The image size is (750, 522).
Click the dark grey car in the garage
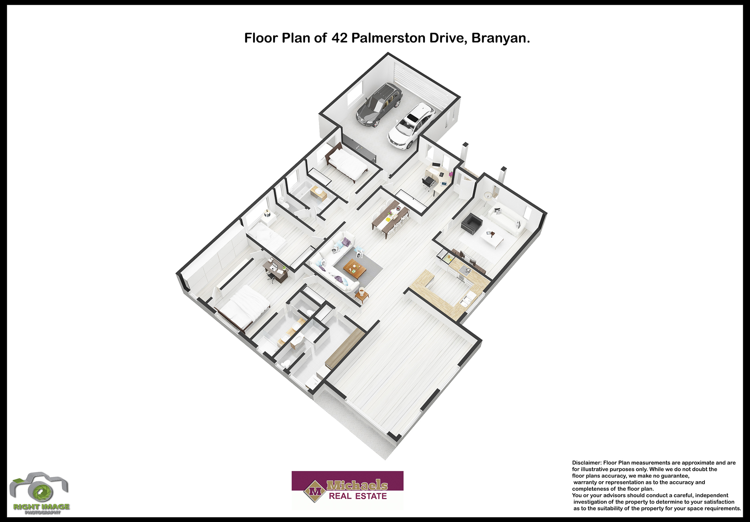pos(378,105)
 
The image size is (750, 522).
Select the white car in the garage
pos(411,126)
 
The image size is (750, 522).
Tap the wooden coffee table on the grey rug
pos(355,268)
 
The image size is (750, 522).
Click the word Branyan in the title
pos(500,38)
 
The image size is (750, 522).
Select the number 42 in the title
pos(340,38)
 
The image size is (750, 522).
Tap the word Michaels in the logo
pos(357,485)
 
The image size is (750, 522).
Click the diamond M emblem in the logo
pos(315,491)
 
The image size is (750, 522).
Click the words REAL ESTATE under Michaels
pos(358,496)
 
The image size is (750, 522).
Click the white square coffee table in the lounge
pos(492,238)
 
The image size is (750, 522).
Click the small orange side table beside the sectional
pos(362,296)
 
